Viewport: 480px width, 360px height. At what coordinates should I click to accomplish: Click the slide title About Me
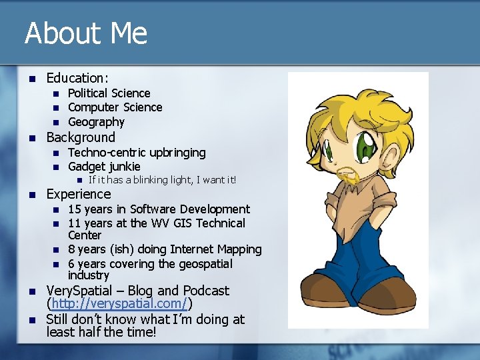(86, 33)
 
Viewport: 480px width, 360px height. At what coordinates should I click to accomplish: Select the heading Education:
(77, 78)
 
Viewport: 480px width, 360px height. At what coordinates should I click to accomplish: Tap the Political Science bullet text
(109, 93)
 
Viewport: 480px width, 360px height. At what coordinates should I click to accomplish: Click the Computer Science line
(115, 107)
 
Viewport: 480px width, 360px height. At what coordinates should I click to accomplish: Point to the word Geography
(96, 122)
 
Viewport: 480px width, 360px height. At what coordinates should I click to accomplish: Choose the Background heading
(80, 137)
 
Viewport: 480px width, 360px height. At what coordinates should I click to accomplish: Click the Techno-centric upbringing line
(137, 153)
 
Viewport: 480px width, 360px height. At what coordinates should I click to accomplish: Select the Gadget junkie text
(104, 167)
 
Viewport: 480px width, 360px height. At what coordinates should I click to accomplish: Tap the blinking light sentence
(162, 180)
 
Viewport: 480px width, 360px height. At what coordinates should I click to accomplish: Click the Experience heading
(78, 194)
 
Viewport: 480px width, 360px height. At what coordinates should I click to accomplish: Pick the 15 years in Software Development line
(159, 209)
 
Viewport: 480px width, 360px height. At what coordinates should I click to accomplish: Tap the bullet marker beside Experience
(29, 195)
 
